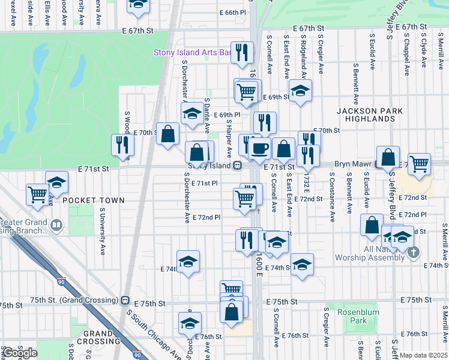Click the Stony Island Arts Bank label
pyautogui.click(x=192, y=53)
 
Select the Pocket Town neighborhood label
pyautogui.click(x=94, y=200)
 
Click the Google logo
pyautogui.click(x=20, y=353)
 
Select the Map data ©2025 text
pyautogui.click(x=423, y=355)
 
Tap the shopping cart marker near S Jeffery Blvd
pyautogui.click(x=419, y=163)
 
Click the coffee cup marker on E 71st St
pyautogui.click(x=259, y=148)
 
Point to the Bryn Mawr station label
pyautogui.click(x=355, y=164)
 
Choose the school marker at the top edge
pyautogui.click(x=139, y=6)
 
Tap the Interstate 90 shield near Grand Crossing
pyautogui.click(x=137, y=355)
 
